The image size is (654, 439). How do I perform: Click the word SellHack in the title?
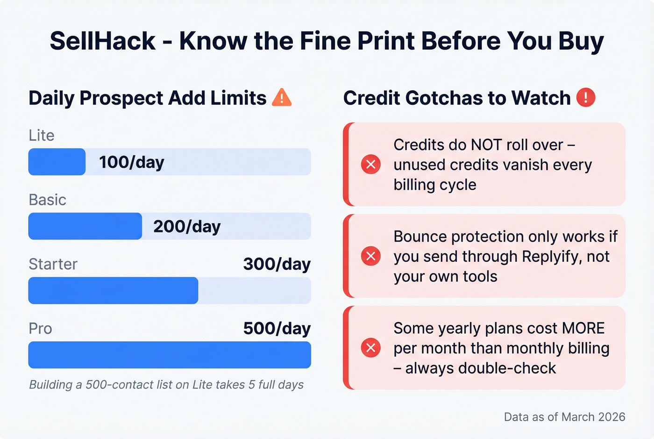click(x=102, y=41)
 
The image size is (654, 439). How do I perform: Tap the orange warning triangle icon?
click(x=282, y=98)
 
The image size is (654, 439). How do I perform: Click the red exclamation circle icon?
click(x=586, y=98)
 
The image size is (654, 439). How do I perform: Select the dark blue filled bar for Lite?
click(x=57, y=162)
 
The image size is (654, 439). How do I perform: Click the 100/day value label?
click(x=132, y=162)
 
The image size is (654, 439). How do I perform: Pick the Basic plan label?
click(x=48, y=200)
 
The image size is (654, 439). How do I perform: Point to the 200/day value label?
click(x=187, y=226)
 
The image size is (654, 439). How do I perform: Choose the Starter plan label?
click(x=53, y=264)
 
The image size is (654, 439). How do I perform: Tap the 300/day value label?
click(x=277, y=264)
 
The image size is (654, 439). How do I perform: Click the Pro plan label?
click(x=40, y=328)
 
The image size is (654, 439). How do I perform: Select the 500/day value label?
click(x=277, y=328)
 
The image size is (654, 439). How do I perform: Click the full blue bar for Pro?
click(x=170, y=355)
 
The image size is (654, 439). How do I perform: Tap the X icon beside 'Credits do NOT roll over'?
click(x=371, y=164)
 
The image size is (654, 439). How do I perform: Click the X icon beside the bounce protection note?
click(x=371, y=256)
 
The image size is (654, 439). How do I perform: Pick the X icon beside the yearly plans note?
click(x=371, y=348)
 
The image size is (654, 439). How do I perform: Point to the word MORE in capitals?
click(x=583, y=328)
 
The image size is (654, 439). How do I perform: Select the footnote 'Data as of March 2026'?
click(x=564, y=417)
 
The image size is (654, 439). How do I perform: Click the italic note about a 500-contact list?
click(x=166, y=385)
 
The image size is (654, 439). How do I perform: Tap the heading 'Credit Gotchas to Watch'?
click(x=457, y=98)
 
